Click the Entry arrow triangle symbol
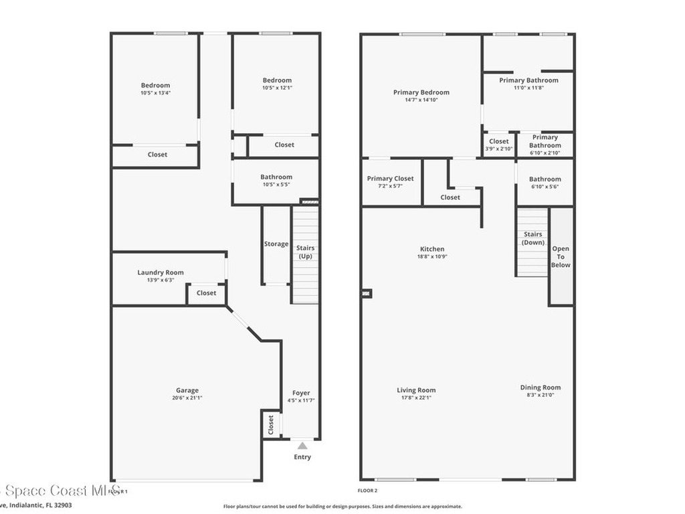pyautogui.click(x=302, y=445)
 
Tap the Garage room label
pyautogui.click(x=187, y=390)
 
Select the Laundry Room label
pyautogui.click(x=161, y=272)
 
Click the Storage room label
pyautogui.click(x=276, y=244)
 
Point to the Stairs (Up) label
pyautogui.click(x=305, y=252)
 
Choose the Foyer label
pyautogui.click(x=301, y=393)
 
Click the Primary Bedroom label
pyautogui.click(x=421, y=92)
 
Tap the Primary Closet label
pyautogui.click(x=391, y=179)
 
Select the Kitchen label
pyautogui.click(x=432, y=249)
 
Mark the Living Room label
pyautogui.click(x=416, y=390)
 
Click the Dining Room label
pyautogui.click(x=541, y=388)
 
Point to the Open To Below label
pyautogui.click(x=561, y=257)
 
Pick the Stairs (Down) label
pyautogui.click(x=533, y=238)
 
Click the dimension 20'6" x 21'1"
pyautogui.click(x=187, y=398)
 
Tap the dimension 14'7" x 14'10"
pyautogui.click(x=421, y=100)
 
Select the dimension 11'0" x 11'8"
pyautogui.click(x=528, y=88)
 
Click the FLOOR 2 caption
pyautogui.click(x=368, y=491)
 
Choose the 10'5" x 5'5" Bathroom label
pyautogui.click(x=276, y=177)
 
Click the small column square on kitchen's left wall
pyautogui.click(x=367, y=293)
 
